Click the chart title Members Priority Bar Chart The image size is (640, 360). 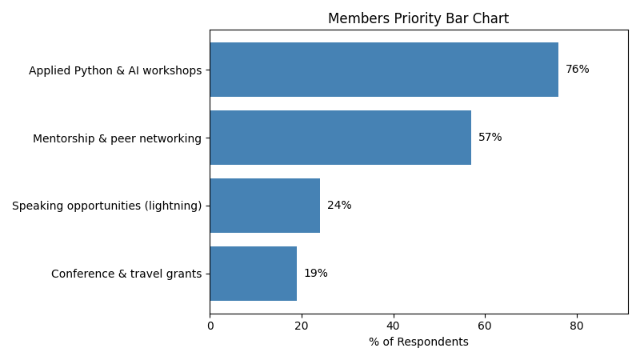pyautogui.click(x=418, y=18)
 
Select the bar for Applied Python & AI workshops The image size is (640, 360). pyautogui.click(x=384, y=70)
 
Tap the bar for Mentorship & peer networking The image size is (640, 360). pyautogui.click(x=340, y=138)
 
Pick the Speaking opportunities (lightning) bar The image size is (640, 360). pyautogui.click(x=265, y=206)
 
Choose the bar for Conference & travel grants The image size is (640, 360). pyautogui.click(x=254, y=274)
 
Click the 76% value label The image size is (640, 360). pyautogui.click(x=577, y=70)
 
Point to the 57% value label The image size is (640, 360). pyautogui.click(x=490, y=138)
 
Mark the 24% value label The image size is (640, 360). pyautogui.click(x=339, y=206)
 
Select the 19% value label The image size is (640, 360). pyautogui.click(x=315, y=274)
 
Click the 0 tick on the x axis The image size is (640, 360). pyautogui.click(x=210, y=326)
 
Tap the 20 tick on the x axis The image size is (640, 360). pyautogui.click(x=302, y=326)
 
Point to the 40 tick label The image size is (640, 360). pyautogui.click(x=394, y=326)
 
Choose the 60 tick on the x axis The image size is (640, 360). pyautogui.click(x=485, y=326)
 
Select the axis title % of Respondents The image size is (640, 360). pyautogui.click(x=418, y=342)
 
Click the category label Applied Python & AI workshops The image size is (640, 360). pyautogui.click(x=115, y=70)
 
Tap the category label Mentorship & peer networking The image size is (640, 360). pyautogui.click(x=117, y=138)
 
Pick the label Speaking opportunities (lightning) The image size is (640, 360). pyautogui.click(x=106, y=206)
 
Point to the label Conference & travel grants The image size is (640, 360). pyautogui.click(x=126, y=274)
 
